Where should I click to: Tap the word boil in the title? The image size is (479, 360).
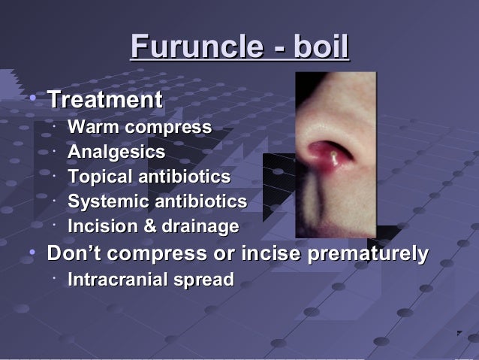coord(321,47)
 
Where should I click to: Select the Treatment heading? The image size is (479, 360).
coord(104,100)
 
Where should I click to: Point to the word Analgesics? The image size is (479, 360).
coord(116,153)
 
